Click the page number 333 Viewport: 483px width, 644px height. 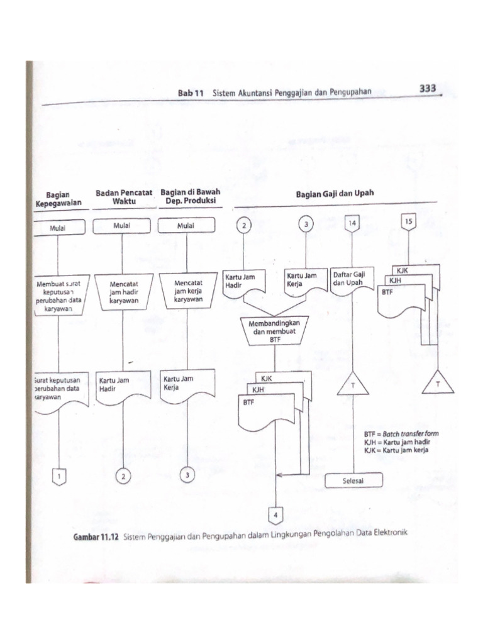click(x=427, y=89)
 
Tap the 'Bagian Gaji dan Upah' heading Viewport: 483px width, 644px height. click(x=335, y=194)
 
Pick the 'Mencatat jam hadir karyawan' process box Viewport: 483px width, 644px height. click(x=123, y=292)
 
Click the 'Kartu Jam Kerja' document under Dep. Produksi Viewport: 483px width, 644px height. click(x=186, y=384)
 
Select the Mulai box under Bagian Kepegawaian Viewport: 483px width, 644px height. click(x=58, y=228)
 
